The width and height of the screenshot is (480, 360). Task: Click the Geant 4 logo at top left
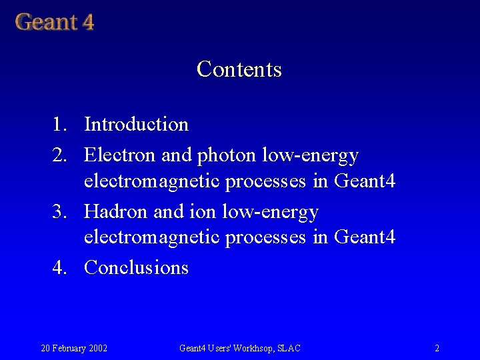point(55,22)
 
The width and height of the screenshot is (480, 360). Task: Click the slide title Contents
point(239,69)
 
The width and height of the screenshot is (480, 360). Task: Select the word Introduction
point(137,125)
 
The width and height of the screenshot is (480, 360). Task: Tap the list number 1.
point(60,125)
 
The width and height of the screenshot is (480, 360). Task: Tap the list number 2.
point(60,156)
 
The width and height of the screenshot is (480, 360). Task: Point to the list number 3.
point(60,213)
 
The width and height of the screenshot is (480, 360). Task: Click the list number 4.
point(60,268)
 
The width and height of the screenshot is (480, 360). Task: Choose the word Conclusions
point(137,268)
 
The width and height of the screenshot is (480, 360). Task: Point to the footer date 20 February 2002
point(75,348)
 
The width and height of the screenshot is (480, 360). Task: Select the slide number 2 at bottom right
point(437,348)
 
